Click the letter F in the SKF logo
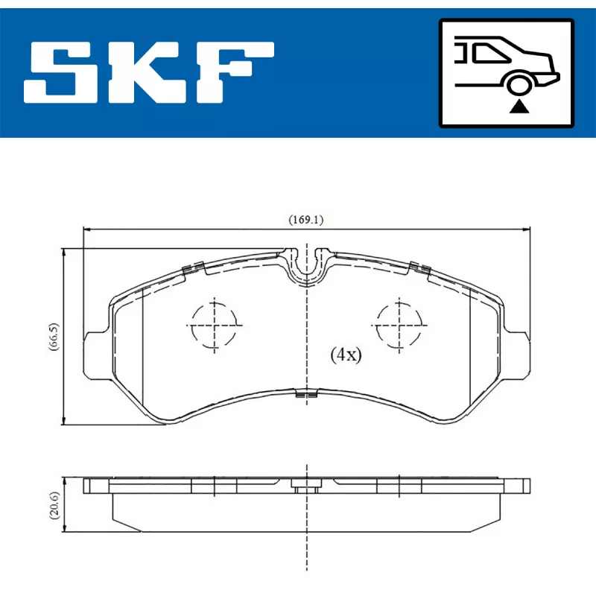pos(235,72)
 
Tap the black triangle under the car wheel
pos(519,107)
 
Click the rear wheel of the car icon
pos(519,84)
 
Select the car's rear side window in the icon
pos(489,53)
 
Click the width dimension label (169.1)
pos(306,220)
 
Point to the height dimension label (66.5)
pos(54,337)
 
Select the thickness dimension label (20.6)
pos(54,505)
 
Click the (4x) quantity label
pos(346,355)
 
